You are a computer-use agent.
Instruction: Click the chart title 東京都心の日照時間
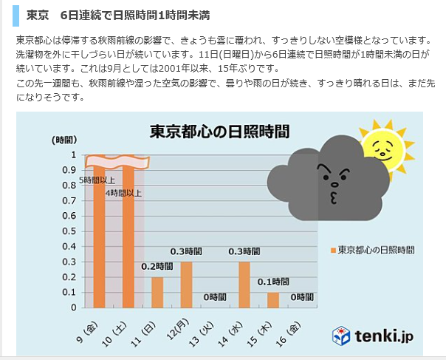[219, 132]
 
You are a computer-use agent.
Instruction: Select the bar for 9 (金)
[99, 237]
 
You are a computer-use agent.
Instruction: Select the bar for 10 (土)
[128, 237]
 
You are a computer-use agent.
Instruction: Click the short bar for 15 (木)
[273, 299]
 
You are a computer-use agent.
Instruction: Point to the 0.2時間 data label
[157, 266]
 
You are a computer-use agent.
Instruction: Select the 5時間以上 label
[97, 180]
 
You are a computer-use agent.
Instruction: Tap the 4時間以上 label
[123, 193]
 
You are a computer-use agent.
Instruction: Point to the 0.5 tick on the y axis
[73, 231]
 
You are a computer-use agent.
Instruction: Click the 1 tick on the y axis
[74, 154]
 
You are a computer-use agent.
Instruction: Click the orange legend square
[334, 250]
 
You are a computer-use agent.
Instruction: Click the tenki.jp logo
[372, 336]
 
